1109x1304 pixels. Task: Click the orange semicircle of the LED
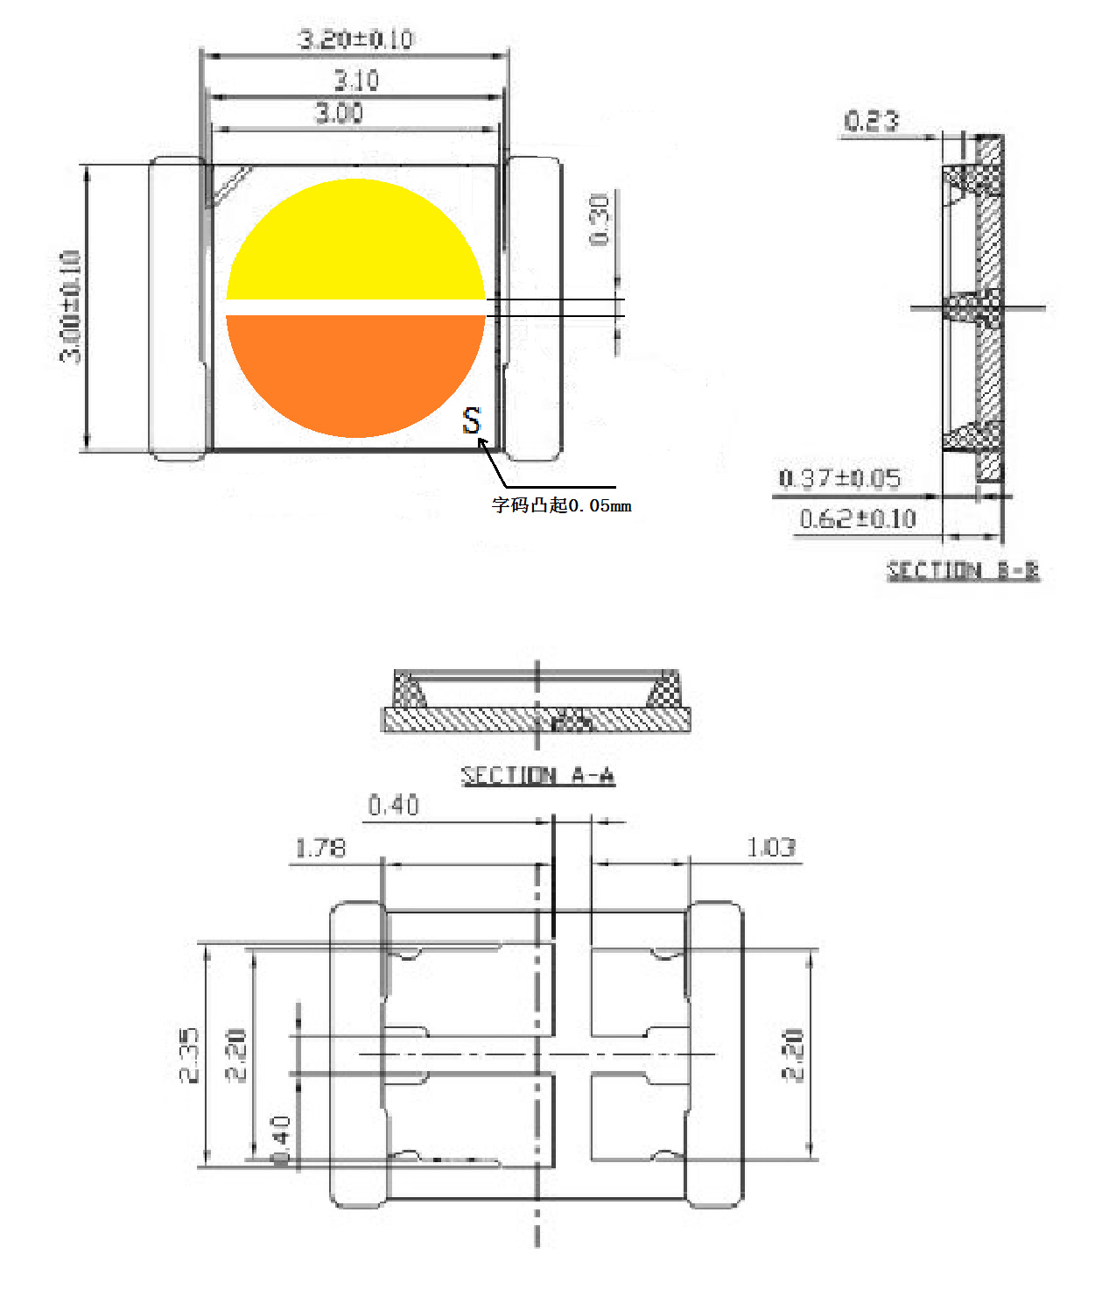pyautogui.click(x=355, y=372)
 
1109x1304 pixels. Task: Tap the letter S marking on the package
pyautogui.click(x=472, y=421)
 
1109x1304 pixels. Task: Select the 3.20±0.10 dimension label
pyautogui.click(x=355, y=39)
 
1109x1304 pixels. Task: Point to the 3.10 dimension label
pyautogui.click(x=356, y=81)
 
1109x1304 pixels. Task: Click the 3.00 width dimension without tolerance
pyautogui.click(x=339, y=113)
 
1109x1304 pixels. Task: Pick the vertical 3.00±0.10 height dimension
pyautogui.click(x=71, y=307)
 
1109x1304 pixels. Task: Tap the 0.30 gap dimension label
pyautogui.click(x=600, y=220)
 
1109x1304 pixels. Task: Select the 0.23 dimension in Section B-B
pyautogui.click(x=871, y=121)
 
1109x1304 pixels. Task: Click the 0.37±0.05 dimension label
pyautogui.click(x=839, y=478)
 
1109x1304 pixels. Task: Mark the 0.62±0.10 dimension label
pyautogui.click(x=858, y=519)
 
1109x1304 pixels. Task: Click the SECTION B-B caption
pyautogui.click(x=963, y=571)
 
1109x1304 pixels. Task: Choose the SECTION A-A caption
pyautogui.click(x=537, y=776)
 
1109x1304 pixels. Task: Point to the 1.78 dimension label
pyautogui.click(x=320, y=849)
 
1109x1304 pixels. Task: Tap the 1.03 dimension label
pyautogui.click(x=771, y=848)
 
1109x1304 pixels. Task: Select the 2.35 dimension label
pyautogui.click(x=189, y=1055)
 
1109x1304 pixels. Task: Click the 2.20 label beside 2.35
pyautogui.click(x=236, y=1055)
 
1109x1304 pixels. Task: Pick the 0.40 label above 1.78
pyautogui.click(x=393, y=806)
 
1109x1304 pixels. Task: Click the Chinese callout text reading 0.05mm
pyautogui.click(x=561, y=505)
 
